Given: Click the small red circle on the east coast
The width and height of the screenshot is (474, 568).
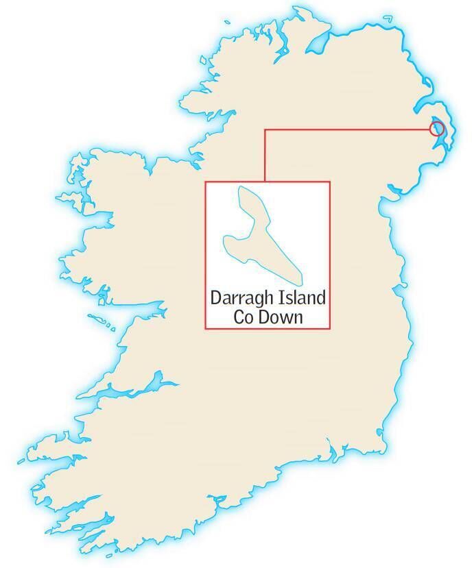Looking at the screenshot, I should tap(436, 128).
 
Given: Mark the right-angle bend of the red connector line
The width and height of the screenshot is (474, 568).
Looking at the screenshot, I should tap(265, 129).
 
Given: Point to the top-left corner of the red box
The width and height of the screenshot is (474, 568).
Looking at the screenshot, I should tap(206, 182).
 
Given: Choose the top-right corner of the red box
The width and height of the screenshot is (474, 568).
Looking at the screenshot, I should tap(330, 182).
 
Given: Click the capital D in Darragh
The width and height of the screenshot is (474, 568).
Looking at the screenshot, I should tap(215, 299).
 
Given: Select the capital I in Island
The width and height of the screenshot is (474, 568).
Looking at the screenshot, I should tap(280, 299).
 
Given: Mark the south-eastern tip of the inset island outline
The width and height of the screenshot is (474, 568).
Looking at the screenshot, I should tap(300, 282).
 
